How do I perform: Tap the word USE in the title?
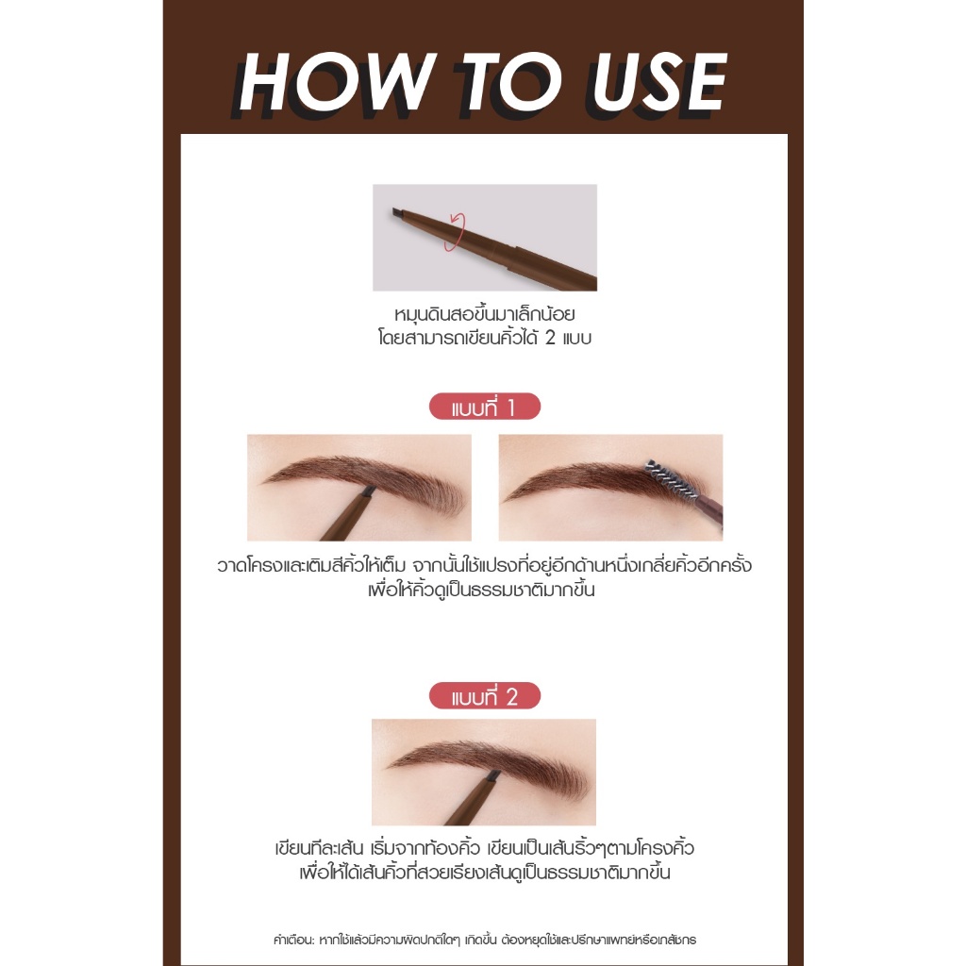658,82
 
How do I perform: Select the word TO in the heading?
511,82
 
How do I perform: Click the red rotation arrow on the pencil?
456,232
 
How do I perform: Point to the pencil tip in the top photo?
397,213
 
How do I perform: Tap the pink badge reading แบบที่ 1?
484,407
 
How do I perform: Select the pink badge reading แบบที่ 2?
484,695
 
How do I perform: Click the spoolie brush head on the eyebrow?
672,478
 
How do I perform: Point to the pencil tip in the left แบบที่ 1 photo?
369,491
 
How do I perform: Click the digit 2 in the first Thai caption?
550,338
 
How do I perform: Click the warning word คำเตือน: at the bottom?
294,940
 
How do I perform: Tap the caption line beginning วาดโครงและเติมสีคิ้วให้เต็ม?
484,565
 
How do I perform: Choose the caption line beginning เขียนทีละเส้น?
484,848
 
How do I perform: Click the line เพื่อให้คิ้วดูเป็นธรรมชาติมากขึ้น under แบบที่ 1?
481,590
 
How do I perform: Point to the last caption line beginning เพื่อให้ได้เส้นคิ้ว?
484,873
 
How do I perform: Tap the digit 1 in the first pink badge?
510,408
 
